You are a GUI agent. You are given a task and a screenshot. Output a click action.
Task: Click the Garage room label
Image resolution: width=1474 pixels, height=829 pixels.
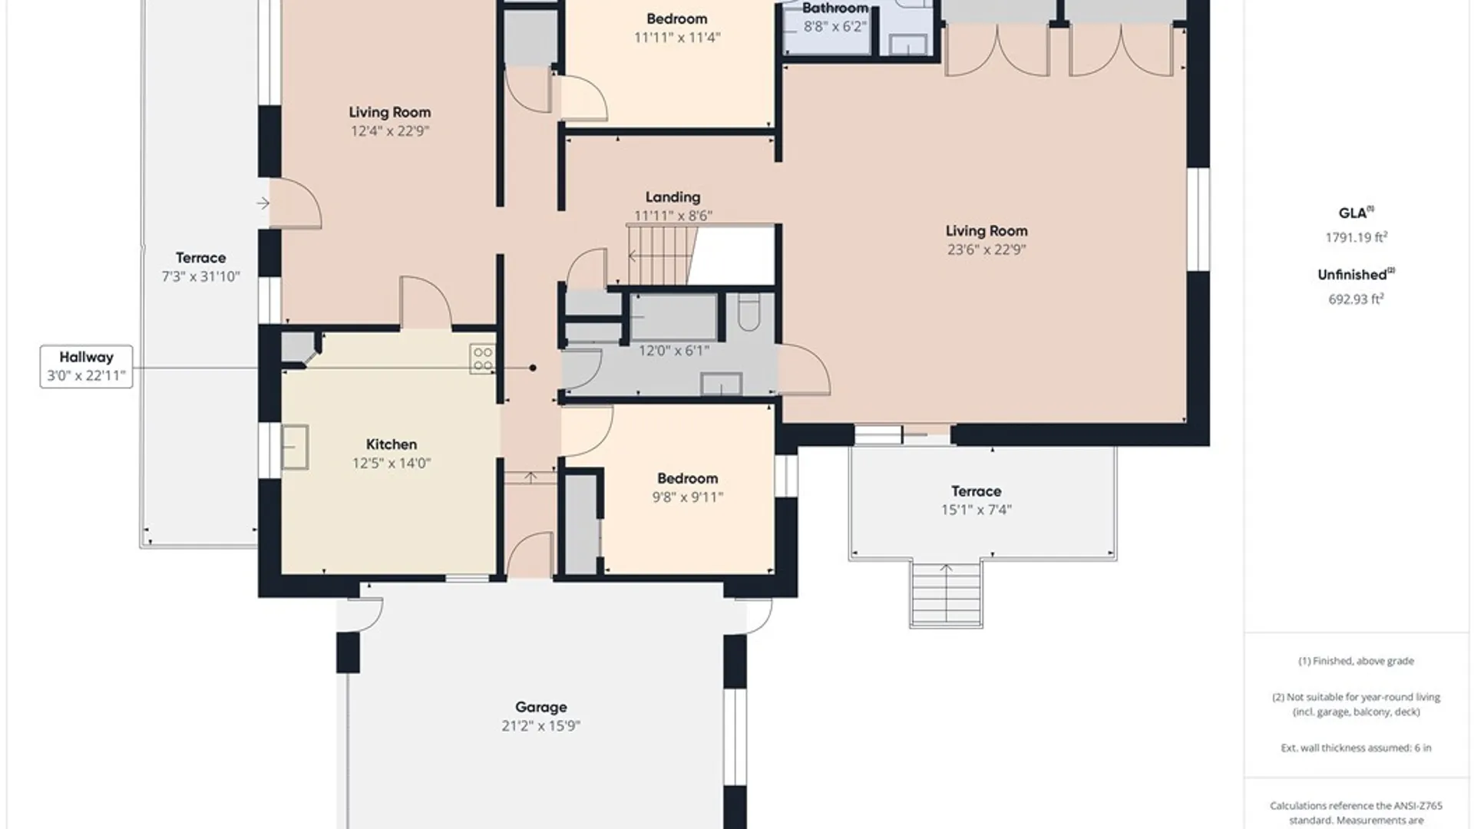[x=541, y=707]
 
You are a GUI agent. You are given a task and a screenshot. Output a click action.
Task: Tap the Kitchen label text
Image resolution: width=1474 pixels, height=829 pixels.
[x=392, y=444]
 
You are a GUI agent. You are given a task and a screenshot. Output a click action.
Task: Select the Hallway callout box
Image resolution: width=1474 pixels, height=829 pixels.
[x=86, y=367]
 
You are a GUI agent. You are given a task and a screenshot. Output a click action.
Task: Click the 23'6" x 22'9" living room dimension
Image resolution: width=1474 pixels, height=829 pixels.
[x=987, y=249]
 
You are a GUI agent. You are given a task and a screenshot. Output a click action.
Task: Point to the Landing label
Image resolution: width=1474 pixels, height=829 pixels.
[x=673, y=197]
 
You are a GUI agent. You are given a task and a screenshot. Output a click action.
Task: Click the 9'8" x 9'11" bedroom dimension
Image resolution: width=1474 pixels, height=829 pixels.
[x=688, y=497]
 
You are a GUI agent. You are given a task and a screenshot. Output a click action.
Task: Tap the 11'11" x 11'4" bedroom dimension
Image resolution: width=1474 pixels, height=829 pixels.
[x=677, y=38]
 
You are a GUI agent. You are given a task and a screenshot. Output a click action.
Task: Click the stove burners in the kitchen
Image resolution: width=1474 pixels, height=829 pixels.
[x=482, y=358]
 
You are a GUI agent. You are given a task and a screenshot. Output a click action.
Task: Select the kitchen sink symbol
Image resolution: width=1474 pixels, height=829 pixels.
[x=295, y=447]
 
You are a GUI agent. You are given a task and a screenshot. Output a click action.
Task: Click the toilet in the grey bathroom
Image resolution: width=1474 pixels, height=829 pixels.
[x=749, y=312]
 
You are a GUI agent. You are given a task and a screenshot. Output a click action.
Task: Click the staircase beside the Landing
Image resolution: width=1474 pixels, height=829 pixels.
[x=658, y=255]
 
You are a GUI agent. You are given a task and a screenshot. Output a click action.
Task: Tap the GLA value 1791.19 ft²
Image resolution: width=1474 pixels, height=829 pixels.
[x=1356, y=237]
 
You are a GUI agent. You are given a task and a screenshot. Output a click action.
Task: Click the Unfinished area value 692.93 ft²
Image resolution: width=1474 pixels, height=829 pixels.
[x=1356, y=299]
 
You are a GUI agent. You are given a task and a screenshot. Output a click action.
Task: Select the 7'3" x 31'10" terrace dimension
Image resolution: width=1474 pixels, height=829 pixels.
[x=201, y=276]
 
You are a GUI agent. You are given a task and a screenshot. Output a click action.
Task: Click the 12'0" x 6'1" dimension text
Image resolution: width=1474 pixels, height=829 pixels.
[x=674, y=351]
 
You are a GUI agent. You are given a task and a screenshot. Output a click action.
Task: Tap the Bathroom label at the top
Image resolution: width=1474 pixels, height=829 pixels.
[x=835, y=8]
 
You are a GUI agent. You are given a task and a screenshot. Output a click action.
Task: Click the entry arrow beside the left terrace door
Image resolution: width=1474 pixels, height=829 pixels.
[x=263, y=203]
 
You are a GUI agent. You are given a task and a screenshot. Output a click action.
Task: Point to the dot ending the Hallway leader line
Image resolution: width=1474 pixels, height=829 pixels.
[x=533, y=368]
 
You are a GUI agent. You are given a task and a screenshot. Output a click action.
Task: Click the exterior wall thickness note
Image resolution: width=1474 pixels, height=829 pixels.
[x=1356, y=748]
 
